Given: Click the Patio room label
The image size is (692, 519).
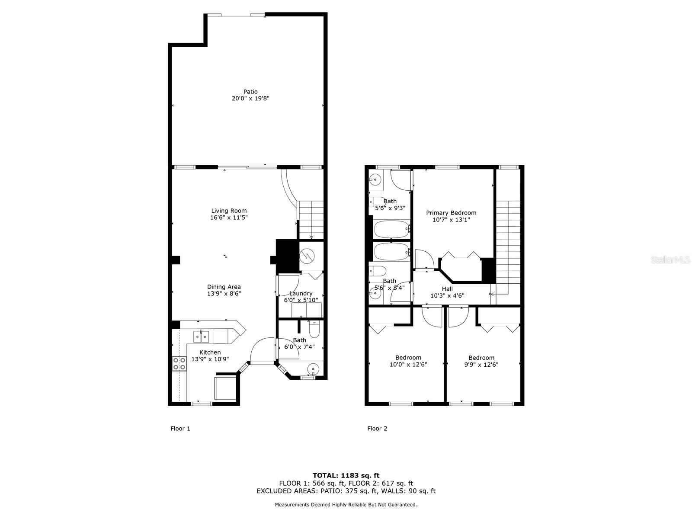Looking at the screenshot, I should coord(250,92).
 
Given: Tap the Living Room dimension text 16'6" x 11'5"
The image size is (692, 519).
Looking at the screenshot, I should coord(229,218).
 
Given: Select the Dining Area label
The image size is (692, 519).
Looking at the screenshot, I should coord(224,287).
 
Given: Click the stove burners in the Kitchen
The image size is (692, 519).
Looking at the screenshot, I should coord(179,364).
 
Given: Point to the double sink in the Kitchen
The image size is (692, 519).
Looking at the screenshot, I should coord(201,336).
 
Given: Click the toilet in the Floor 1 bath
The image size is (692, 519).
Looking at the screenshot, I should coord(314,330).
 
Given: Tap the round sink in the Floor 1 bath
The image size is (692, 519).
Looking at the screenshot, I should coord(312,369).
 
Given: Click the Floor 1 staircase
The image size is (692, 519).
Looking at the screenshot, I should coord(311,220).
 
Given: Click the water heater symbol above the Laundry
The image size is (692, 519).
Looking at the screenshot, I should coord(307,256).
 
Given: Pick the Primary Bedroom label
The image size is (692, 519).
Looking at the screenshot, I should coord(451,213).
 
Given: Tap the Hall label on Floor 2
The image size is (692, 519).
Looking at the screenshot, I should coord(447,289).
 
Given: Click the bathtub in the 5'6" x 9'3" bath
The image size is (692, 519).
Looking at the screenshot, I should coord(391,229).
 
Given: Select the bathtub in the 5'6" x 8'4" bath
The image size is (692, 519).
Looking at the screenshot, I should coord(391,250).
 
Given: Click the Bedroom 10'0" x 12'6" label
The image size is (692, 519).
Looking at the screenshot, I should coord(408,358).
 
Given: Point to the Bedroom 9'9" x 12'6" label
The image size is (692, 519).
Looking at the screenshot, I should coord(481,358).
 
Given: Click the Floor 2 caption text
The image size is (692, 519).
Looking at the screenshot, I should coord(377,429).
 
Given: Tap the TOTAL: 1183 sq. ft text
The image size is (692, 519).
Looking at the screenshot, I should coord(346,475).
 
